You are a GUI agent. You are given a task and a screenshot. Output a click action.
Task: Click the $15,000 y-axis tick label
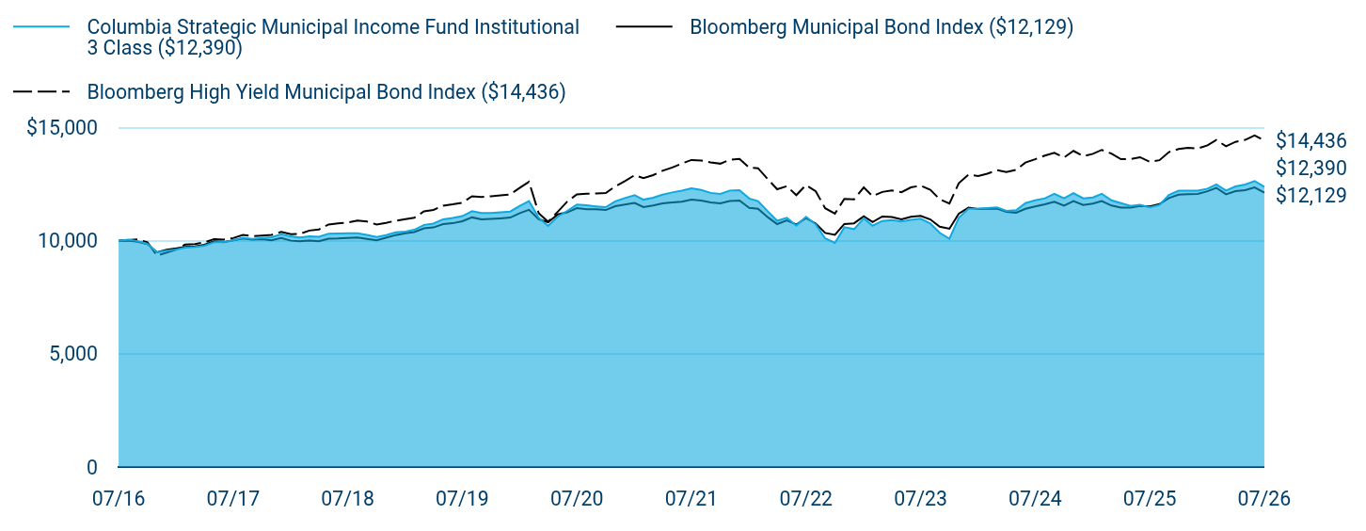tap(62, 127)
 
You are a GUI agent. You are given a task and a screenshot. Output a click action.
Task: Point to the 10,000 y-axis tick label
tap(68, 241)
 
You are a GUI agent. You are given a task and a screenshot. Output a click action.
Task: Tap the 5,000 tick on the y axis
tap(73, 354)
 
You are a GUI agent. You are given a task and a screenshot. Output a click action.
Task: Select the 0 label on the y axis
tap(92, 468)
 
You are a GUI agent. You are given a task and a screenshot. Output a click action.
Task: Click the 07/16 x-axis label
tap(119, 499)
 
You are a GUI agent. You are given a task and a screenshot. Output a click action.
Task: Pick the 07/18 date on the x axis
tap(347, 499)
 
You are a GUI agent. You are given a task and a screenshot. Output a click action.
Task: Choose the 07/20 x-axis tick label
tap(577, 499)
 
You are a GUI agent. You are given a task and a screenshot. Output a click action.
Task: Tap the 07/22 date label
tap(806, 499)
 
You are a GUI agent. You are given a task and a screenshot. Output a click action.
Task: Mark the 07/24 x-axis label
tap(1035, 499)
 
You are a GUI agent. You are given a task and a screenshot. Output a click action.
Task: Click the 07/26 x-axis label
tap(1264, 499)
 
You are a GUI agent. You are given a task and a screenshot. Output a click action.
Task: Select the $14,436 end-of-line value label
tap(1311, 141)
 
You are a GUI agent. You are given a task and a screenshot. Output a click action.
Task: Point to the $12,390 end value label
tap(1311, 168)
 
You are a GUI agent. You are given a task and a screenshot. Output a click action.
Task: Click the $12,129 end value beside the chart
tap(1311, 195)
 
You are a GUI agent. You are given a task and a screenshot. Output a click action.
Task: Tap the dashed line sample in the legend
tap(41, 92)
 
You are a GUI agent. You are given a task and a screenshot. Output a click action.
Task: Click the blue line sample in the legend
tap(41, 27)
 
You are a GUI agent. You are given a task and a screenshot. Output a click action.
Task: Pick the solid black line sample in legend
tap(644, 27)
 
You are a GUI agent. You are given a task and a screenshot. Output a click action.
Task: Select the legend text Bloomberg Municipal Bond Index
tap(836, 27)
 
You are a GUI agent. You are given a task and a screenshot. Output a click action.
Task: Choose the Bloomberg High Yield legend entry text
tap(326, 92)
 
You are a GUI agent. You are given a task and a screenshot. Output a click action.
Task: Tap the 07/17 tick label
tap(233, 499)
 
